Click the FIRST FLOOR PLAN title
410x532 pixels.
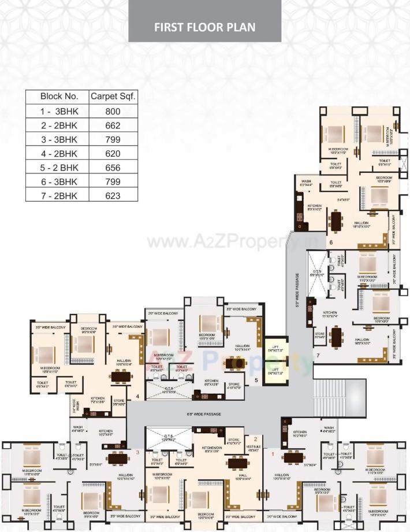(x=205, y=27)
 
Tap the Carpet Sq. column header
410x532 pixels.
(x=113, y=96)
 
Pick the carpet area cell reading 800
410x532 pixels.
(x=113, y=110)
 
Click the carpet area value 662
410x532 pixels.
(x=113, y=124)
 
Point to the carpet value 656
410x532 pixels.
(x=113, y=168)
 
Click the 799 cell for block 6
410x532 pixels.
(x=113, y=182)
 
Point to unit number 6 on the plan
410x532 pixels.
(x=331, y=242)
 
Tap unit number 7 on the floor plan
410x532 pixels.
(x=318, y=354)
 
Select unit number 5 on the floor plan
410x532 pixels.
(x=256, y=380)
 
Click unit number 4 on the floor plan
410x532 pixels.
(x=137, y=397)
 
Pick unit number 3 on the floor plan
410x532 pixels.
(x=137, y=452)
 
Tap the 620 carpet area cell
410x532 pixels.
(x=113, y=153)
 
